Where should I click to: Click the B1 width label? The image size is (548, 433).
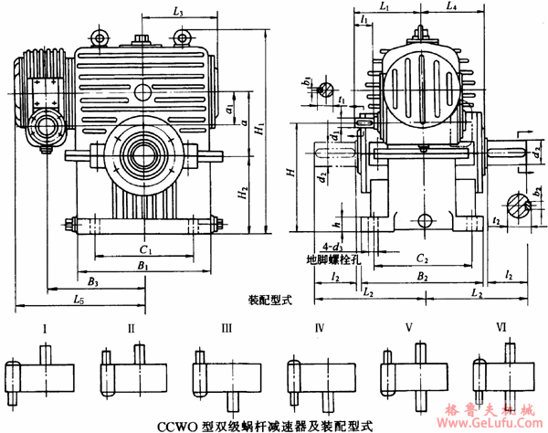click(143, 265)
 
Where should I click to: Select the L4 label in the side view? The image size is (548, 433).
click(451, 7)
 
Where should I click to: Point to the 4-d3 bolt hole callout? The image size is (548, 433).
click(317, 246)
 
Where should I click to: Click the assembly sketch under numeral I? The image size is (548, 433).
click(40, 375)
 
